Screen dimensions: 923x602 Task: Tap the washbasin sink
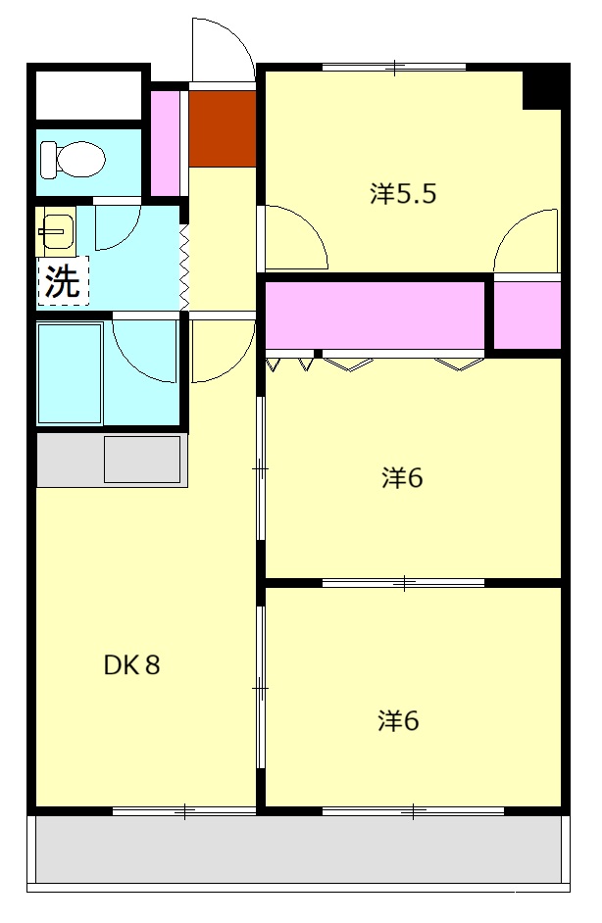[56, 232]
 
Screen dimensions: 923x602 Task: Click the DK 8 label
[131, 665]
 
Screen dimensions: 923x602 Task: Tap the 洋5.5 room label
[402, 193]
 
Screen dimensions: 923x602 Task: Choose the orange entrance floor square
[222, 128]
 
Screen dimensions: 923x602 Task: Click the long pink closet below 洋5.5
[376, 314]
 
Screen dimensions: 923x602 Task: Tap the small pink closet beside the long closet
[527, 314]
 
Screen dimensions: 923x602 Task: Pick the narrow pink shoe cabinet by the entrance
[166, 143]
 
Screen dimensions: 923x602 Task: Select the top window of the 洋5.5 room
[393, 68]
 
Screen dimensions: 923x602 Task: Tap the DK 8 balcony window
[183, 810]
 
